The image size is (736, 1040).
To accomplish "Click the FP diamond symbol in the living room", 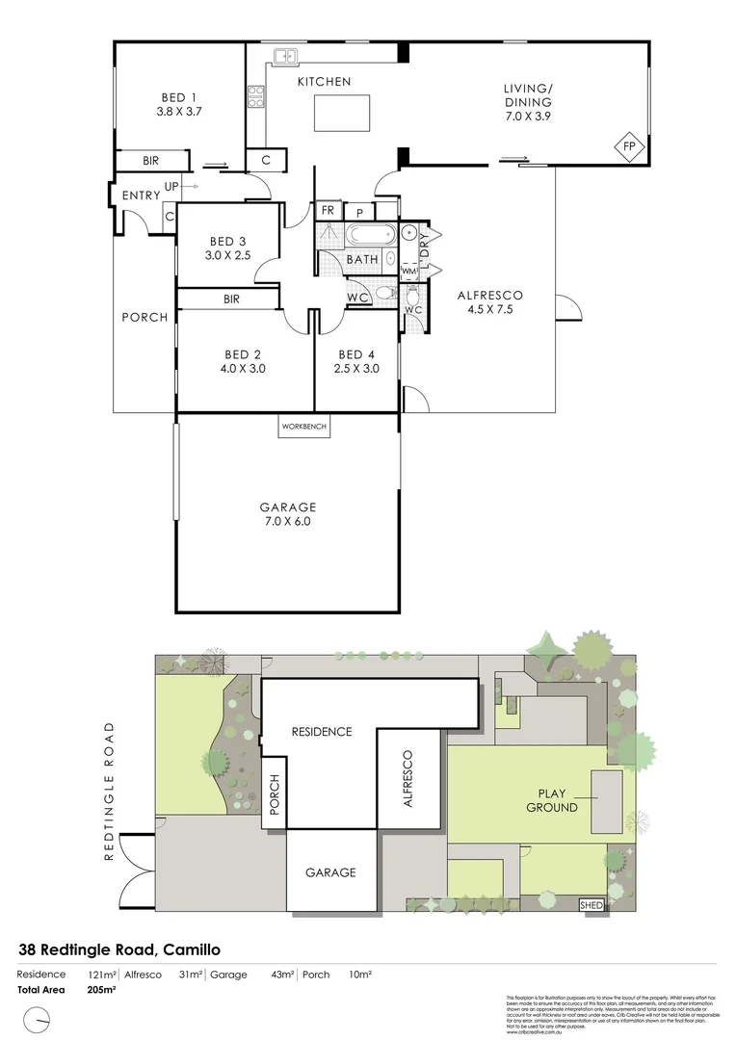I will [x=630, y=145].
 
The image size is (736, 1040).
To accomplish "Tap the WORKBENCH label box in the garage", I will [x=304, y=426].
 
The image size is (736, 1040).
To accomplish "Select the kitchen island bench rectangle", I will [x=342, y=115].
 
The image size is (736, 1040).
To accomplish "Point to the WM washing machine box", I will [x=407, y=273].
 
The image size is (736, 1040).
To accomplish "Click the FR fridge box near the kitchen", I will [x=328, y=210].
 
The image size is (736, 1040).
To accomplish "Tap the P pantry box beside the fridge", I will [x=359, y=212].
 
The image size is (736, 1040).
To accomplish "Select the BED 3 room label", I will [x=227, y=247].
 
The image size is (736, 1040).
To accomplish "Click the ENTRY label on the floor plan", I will [x=142, y=195].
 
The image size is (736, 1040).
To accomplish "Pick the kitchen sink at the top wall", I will [x=284, y=57].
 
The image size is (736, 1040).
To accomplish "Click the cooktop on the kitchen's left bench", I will [x=257, y=95].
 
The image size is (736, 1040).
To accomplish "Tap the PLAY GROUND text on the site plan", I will [x=552, y=800].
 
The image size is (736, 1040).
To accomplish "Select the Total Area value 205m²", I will [x=101, y=989].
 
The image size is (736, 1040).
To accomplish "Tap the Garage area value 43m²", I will [x=282, y=975].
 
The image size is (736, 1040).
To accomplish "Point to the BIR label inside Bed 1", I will [x=150, y=161].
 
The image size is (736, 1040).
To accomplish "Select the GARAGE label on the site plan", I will [x=330, y=872].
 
